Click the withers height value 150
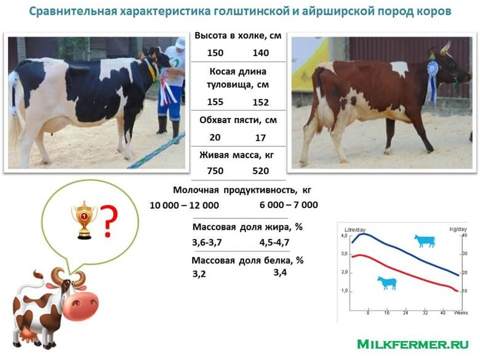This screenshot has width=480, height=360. pos(215,53)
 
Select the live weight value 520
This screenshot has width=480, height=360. pos(260,171)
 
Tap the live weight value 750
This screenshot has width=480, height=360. pos(215,171)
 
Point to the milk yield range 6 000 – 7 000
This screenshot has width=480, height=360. pos(289,205)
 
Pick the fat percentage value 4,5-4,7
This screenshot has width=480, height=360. pos(274,242)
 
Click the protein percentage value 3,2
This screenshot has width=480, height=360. pos(199,274)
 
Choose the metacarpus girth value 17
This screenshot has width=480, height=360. pos(260,138)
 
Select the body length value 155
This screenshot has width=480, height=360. pos(215,102)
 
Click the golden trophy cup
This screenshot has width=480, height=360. pos(84,220)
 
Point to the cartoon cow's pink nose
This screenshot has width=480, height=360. pos(81,306)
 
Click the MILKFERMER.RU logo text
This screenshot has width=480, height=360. pos(413,344)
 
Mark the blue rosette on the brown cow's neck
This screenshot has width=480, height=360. pos(432,80)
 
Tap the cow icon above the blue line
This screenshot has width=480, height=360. pos(425,241)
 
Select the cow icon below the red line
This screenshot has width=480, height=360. pos(387,283)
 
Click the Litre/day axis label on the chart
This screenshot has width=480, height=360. pos(355,230)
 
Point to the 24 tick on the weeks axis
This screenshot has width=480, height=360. pos(406,313)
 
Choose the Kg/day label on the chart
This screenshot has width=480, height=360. pos(458,229)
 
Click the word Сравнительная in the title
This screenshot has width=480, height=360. pos(73,11)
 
